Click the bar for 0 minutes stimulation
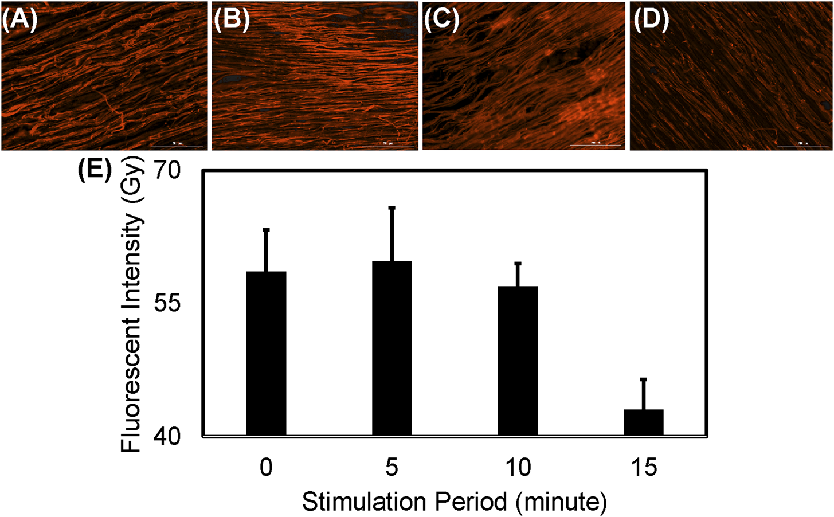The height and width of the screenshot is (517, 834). pyautogui.click(x=266, y=353)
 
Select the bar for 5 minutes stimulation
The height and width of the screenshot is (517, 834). pyautogui.click(x=391, y=348)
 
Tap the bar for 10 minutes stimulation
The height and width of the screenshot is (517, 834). pyautogui.click(x=518, y=361)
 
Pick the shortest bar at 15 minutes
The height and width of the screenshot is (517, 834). pyautogui.click(x=643, y=422)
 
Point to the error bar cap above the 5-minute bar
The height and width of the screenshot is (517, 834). pyautogui.click(x=391, y=207)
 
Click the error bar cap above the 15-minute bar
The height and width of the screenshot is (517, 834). pyautogui.click(x=643, y=379)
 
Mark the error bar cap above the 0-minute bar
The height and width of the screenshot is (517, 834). pyautogui.click(x=266, y=229)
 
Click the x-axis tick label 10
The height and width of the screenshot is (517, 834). pyautogui.click(x=518, y=468)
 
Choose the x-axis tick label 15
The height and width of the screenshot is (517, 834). pyautogui.click(x=643, y=468)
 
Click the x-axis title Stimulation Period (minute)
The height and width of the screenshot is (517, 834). pyautogui.click(x=454, y=502)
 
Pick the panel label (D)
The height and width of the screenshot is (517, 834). pyautogui.click(x=651, y=21)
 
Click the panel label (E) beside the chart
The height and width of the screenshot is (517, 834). pyautogui.click(x=95, y=170)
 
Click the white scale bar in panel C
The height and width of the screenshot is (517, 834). pyautogui.click(x=596, y=146)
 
